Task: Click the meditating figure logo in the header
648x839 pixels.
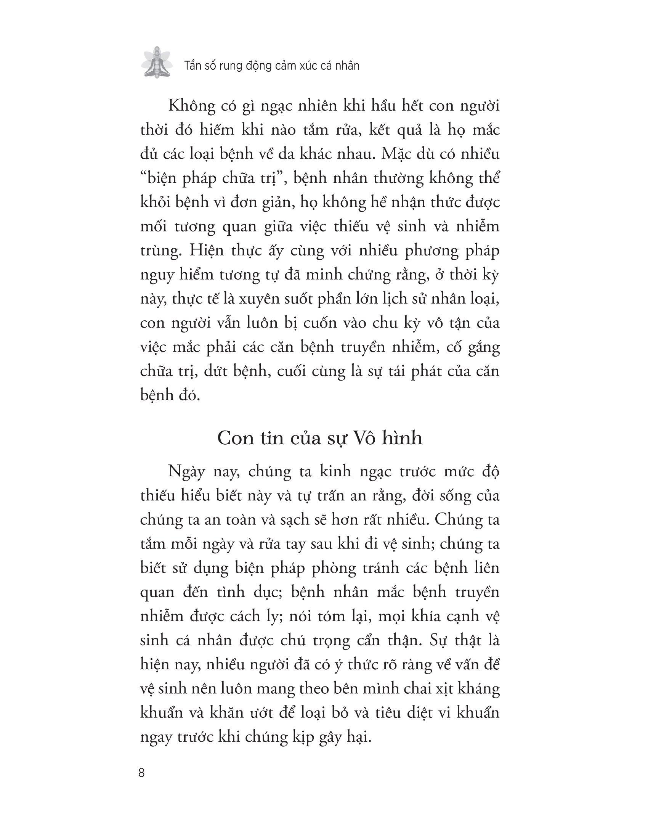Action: click(x=156, y=62)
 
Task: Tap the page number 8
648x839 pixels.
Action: click(x=142, y=773)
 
